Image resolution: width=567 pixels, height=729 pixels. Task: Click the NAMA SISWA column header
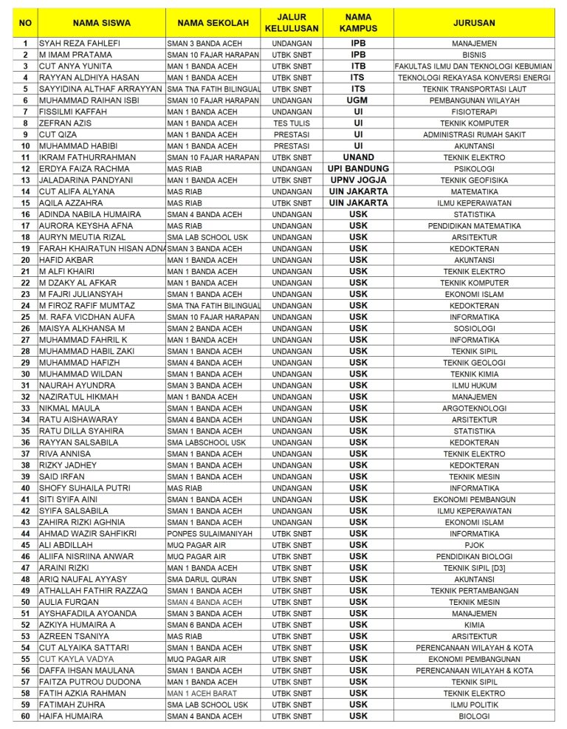(101, 23)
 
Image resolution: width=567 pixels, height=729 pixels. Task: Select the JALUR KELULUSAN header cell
(292, 23)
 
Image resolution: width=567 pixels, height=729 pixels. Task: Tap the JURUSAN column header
(474, 23)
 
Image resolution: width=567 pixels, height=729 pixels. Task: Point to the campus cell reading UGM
(358, 100)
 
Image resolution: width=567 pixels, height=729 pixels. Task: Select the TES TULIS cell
(292, 123)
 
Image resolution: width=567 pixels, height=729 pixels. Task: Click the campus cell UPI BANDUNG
(358, 169)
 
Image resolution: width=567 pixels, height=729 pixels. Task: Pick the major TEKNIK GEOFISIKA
(474, 180)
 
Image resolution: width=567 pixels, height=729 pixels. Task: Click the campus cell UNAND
(358, 157)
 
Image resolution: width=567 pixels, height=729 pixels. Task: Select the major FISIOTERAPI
(474, 112)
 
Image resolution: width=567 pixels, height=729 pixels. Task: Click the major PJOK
(474, 545)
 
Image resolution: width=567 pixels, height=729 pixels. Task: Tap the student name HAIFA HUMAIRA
(71, 716)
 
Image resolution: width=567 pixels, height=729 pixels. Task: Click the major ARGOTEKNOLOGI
(474, 408)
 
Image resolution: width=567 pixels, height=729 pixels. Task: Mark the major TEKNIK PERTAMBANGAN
(474, 591)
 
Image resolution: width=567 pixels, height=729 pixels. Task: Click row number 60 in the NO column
(25, 716)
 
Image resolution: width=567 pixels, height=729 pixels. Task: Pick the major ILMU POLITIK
(474, 705)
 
